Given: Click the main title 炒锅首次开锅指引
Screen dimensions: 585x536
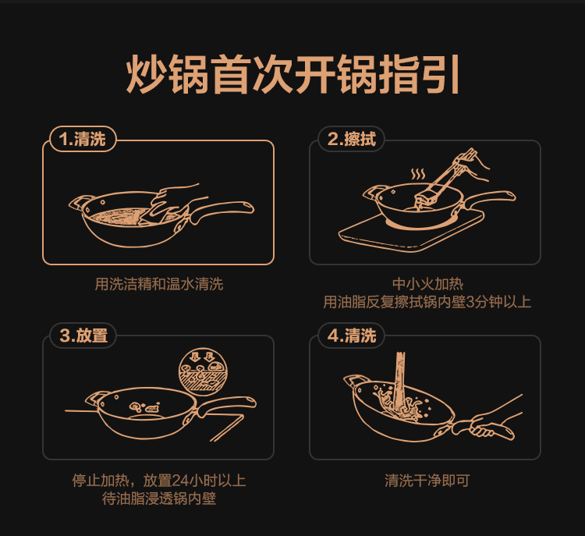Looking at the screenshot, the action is point(292,74).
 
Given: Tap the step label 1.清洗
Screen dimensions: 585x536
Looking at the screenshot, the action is point(83,139).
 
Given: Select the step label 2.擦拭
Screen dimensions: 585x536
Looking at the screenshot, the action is point(351,139).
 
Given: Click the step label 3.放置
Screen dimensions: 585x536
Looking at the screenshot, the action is point(83,335).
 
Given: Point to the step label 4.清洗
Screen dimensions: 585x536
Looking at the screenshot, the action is point(352,335).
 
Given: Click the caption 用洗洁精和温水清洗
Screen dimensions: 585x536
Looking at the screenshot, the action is point(159,284).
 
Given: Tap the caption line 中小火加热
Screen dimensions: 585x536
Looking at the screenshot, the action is point(427,284).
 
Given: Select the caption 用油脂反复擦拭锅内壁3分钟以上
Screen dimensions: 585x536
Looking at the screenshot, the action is point(427,302).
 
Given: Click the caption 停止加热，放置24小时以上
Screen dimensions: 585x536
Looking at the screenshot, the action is point(159,481).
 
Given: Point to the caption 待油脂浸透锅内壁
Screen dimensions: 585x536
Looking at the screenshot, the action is point(159,499).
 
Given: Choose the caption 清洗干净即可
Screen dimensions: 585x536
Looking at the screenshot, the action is point(427,481).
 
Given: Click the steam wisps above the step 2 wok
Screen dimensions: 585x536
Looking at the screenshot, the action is point(418,174).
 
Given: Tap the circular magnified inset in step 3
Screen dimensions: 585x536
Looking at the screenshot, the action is point(203,371).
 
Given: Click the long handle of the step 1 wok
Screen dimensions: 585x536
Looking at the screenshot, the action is point(223,210).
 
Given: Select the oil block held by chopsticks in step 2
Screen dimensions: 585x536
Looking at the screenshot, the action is point(426,198).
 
